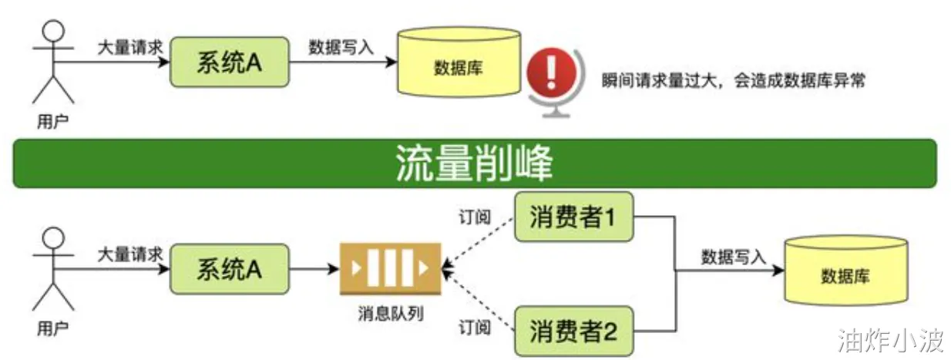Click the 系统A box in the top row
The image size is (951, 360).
click(229, 62)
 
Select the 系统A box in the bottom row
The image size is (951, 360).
click(229, 268)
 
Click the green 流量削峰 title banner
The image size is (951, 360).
click(475, 163)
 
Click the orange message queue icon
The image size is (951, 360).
click(391, 269)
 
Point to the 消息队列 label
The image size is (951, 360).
click(391, 314)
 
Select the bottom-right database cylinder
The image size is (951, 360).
click(845, 274)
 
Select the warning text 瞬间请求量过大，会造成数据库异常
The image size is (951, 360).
click(732, 80)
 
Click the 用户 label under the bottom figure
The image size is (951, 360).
click(52, 328)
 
